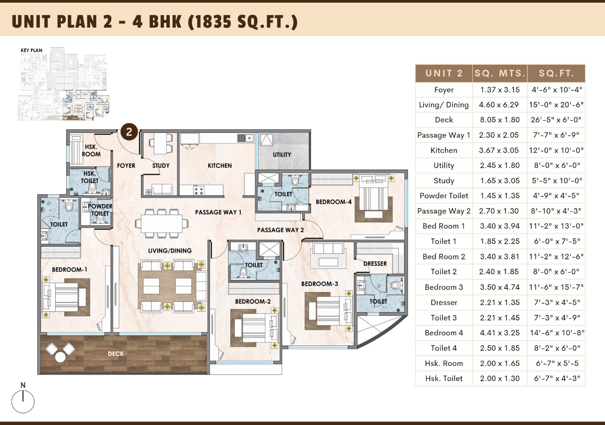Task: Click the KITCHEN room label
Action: click(220, 165)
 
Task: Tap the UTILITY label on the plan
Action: click(282, 155)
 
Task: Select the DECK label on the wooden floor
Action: click(116, 353)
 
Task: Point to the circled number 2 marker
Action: click(129, 132)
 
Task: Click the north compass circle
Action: click(23, 402)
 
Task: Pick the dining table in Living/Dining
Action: click(162, 224)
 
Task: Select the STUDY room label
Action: click(161, 165)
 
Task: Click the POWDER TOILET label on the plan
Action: click(100, 210)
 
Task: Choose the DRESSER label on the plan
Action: click(375, 264)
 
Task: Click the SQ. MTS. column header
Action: click(500, 73)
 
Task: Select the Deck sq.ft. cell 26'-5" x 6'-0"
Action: click(556, 120)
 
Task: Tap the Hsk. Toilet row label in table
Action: click(444, 378)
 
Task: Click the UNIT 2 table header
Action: click(444, 73)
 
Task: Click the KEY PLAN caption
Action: click(32, 50)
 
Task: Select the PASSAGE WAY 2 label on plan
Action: click(280, 230)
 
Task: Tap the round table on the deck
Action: click(60, 357)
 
